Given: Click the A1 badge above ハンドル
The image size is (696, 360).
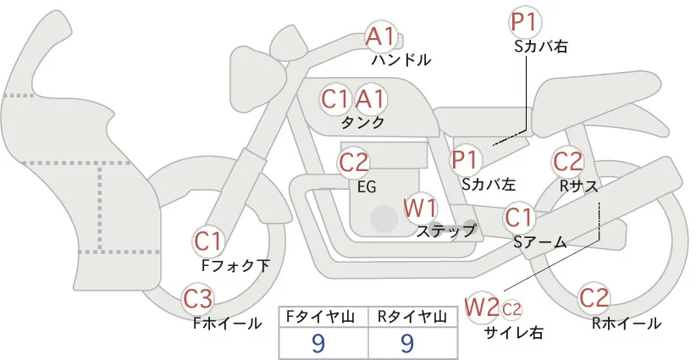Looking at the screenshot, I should point(380,36).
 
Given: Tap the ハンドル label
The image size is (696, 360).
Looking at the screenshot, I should point(401,60).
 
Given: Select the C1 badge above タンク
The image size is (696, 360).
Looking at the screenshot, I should point(335,99).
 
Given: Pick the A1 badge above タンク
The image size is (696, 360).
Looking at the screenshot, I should point(370,99).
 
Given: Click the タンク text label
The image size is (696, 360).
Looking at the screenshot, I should point(363,123).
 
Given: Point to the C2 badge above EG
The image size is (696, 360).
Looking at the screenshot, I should point(354,162).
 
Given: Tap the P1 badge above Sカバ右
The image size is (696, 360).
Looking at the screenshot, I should point(525,22).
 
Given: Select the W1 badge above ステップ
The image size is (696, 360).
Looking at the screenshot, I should point(420,208).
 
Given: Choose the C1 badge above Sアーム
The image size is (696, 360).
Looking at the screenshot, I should point(520,219).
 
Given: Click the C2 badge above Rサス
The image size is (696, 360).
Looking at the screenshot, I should point(567,161).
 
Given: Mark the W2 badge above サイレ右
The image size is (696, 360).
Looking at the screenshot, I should point(483,306).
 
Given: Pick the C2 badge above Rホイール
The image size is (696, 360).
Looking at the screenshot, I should point(595,299).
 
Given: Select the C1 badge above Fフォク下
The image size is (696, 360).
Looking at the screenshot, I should point(207,241).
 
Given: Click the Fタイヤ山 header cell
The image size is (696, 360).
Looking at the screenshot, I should point(323,317).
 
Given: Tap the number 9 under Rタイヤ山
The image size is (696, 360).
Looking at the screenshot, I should point(407,342).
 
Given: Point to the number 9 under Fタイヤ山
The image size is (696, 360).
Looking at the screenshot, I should point(318,342).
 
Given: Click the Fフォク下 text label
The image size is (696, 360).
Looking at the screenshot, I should point(236,266).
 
